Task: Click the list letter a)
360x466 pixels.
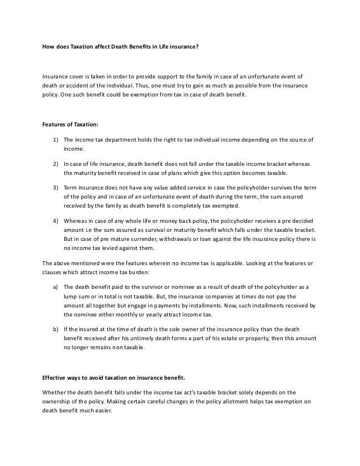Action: [56, 287]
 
